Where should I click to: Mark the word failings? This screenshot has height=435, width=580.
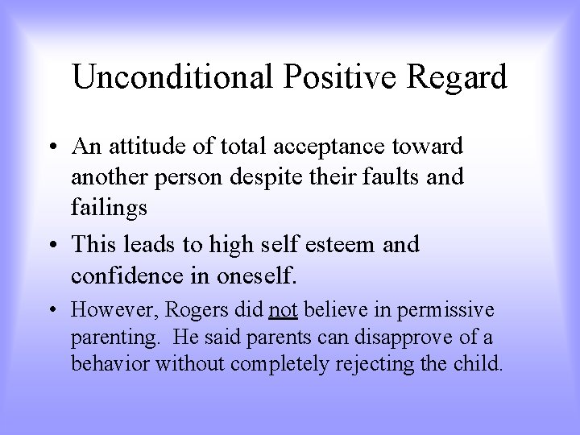coord(110,208)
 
